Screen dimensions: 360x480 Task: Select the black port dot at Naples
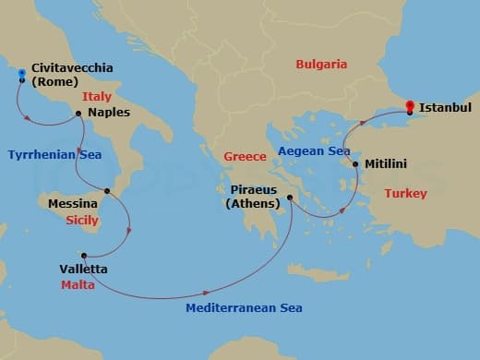pyautogui.click(x=78, y=114)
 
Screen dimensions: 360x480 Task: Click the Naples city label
pyautogui.click(x=110, y=113)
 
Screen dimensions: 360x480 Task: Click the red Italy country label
pyautogui.click(x=97, y=96)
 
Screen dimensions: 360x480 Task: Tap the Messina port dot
pyautogui.click(x=107, y=191)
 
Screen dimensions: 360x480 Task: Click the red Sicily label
pyautogui.click(x=82, y=222)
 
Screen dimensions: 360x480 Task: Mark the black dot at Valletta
pyautogui.click(x=84, y=256)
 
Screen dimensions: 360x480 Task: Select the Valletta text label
pyautogui.click(x=83, y=270)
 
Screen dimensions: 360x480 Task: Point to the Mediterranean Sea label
pyautogui.click(x=244, y=307)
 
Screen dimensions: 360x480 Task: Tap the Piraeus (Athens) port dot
pyautogui.click(x=290, y=197)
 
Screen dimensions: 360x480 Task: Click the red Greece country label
pyautogui.click(x=245, y=157)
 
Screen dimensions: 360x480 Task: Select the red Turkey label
pyautogui.click(x=404, y=196)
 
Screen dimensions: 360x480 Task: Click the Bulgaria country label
pyautogui.click(x=321, y=65)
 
